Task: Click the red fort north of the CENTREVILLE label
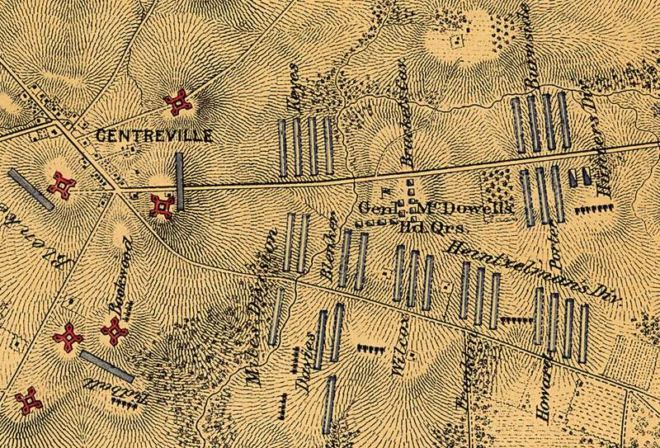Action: coord(178,102)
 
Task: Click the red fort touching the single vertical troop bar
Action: coord(163,204)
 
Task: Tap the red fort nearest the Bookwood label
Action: coord(113,332)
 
